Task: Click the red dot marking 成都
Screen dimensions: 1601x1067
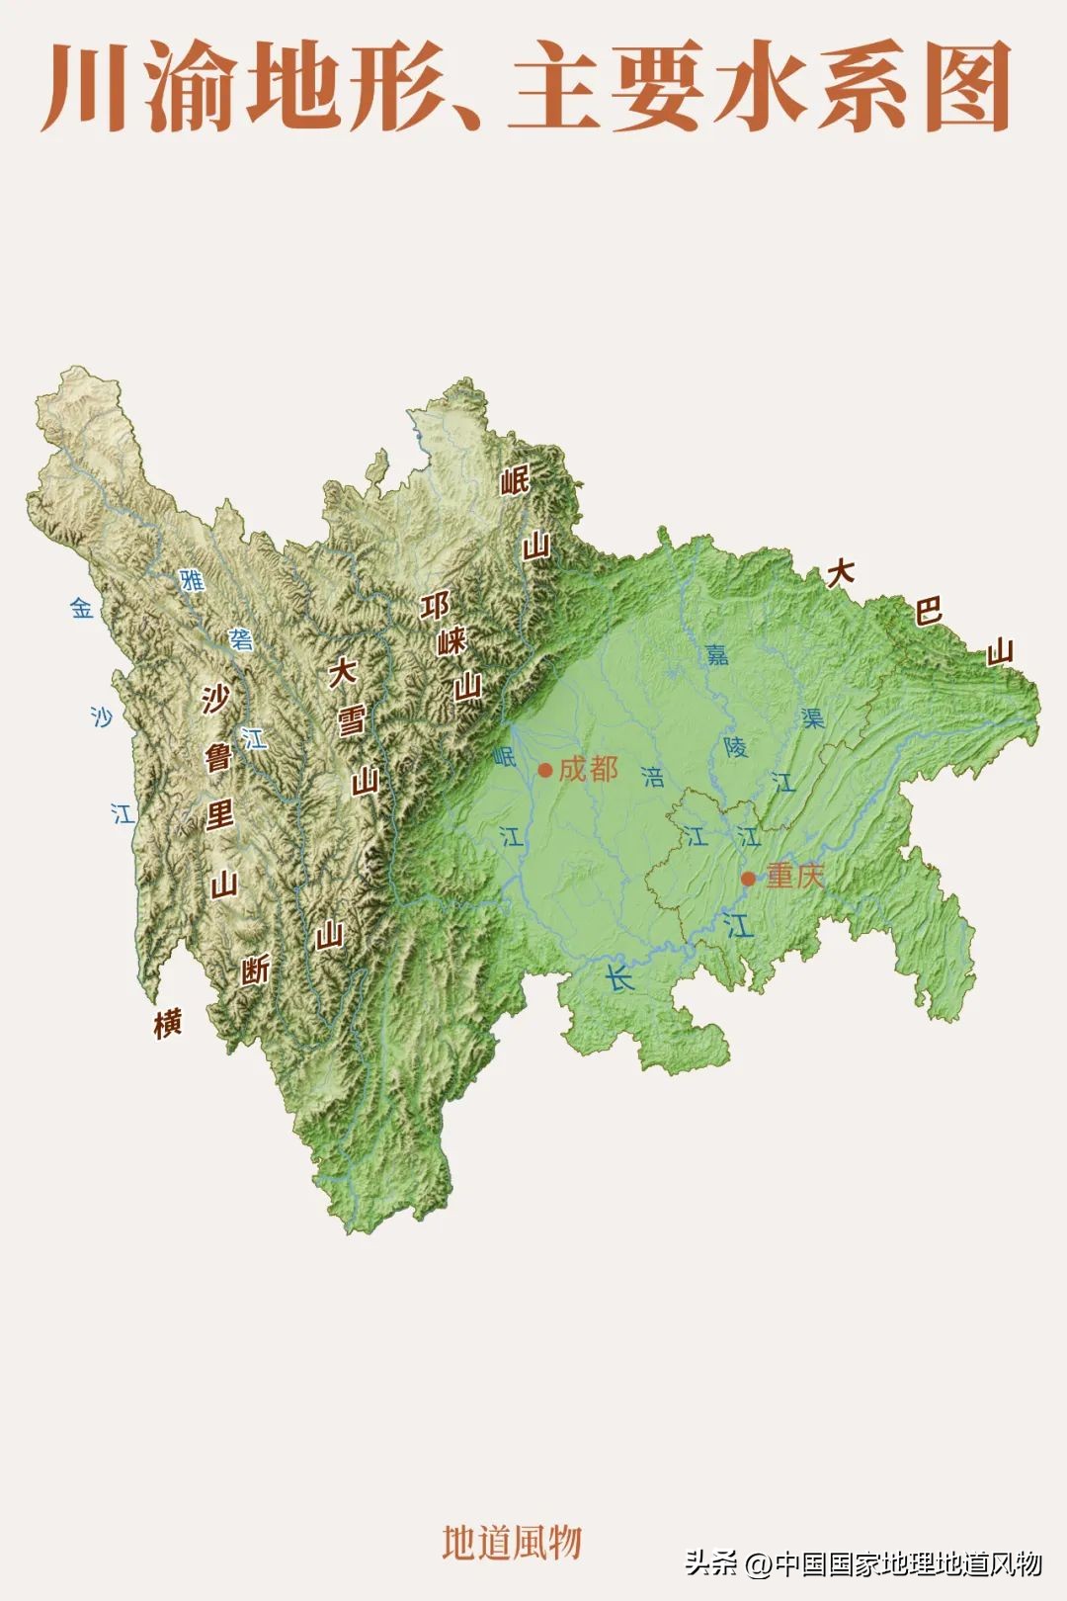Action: [544, 770]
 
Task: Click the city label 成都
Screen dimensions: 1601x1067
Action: [589, 769]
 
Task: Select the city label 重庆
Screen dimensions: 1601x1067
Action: [795, 876]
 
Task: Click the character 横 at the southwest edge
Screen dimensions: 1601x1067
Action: [168, 1024]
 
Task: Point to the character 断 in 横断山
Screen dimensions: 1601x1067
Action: [256, 970]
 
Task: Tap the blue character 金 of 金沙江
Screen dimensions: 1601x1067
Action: [82, 609]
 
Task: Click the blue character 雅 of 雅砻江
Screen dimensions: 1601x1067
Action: [192, 580]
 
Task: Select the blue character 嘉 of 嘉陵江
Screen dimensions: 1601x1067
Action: [716, 653]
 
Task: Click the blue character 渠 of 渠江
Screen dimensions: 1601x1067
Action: [812, 717]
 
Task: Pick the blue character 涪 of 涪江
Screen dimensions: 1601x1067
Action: [653, 776]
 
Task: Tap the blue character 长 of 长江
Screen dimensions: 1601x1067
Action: [619, 979]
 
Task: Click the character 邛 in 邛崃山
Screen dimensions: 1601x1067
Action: [435, 606]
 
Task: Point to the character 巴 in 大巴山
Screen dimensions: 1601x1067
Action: [928, 611]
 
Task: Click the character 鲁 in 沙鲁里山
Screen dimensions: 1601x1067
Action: [218, 758]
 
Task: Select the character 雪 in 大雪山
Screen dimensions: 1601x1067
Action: [351, 721]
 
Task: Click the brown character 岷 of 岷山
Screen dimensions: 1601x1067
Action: [515, 481]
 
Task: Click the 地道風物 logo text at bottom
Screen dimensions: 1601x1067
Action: [512, 1542]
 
